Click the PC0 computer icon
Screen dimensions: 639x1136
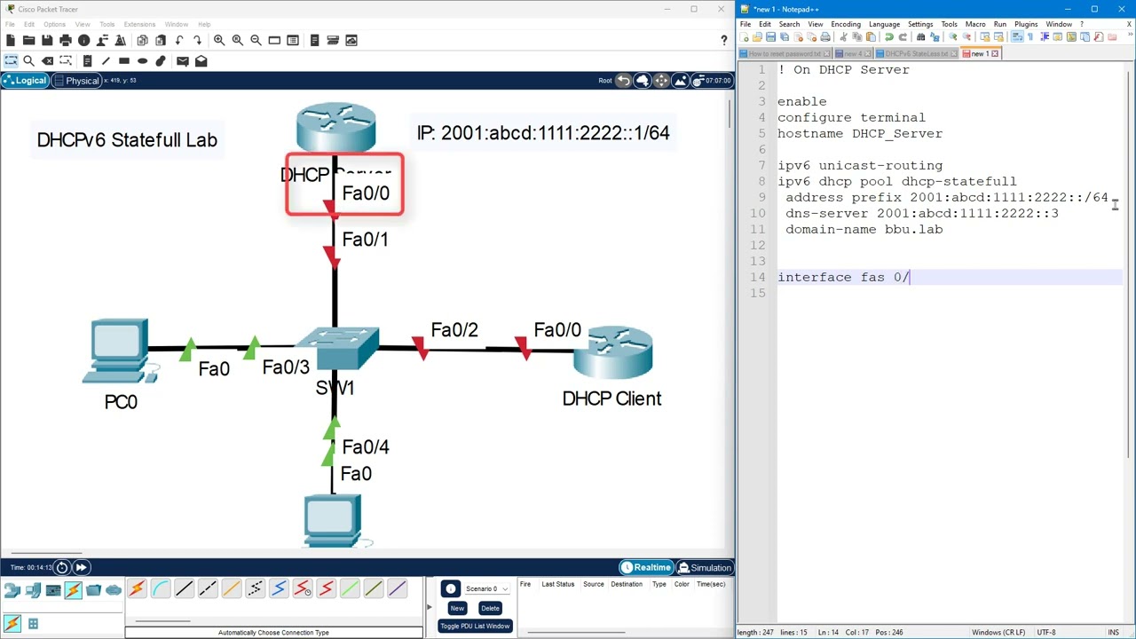pyautogui.click(x=120, y=352)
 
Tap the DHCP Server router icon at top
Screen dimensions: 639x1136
pyautogui.click(x=335, y=129)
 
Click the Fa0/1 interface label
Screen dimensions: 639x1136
pyautogui.click(x=365, y=240)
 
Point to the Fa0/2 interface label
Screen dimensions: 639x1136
pyautogui.click(x=454, y=330)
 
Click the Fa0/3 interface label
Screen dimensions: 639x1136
pyautogui.click(x=286, y=367)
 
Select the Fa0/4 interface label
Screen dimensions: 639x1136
pyautogui.click(x=366, y=447)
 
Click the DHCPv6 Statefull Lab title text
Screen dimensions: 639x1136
pyautogui.click(x=127, y=140)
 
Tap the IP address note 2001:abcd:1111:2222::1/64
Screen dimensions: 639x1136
pyautogui.click(x=543, y=133)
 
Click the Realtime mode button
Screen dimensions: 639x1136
pyautogui.click(x=645, y=568)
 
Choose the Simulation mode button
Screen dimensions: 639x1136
pyautogui.click(x=706, y=568)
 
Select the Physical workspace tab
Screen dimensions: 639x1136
pyautogui.click(x=77, y=81)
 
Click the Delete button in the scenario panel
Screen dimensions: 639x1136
pyautogui.click(x=490, y=609)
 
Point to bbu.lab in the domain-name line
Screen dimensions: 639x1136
pyautogui.click(x=913, y=230)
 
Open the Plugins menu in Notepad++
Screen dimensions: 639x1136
pyautogui.click(x=1026, y=24)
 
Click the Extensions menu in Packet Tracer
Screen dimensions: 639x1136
pyautogui.click(x=139, y=24)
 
